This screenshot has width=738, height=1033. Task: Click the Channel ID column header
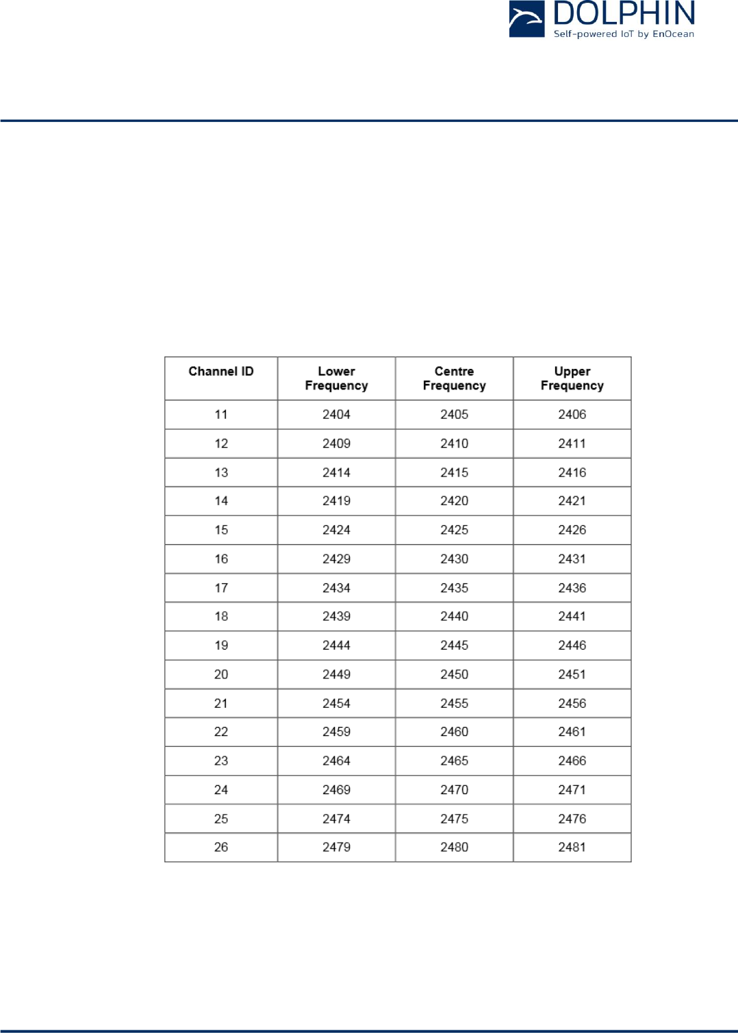pos(221,372)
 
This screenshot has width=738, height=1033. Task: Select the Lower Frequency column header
pos(336,379)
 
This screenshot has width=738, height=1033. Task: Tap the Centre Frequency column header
pos(454,379)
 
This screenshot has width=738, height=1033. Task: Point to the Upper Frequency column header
pos(572,379)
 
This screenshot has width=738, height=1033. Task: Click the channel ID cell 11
pos(221,415)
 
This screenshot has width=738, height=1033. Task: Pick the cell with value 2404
pos(336,415)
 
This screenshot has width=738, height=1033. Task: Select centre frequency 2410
pos(454,444)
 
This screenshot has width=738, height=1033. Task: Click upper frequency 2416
pos(572,472)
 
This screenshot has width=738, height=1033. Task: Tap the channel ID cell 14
pos(221,501)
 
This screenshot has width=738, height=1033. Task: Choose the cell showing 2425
pos(454,530)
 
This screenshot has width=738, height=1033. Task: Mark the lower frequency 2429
pos(336,559)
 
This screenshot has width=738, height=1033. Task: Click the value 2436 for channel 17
pos(572,588)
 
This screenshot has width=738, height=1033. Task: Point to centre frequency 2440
pos(454,617)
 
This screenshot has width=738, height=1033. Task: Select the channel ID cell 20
pos(221,674)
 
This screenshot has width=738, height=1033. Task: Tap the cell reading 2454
pos(336,704)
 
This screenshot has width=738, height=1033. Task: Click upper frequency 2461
pos(572,732)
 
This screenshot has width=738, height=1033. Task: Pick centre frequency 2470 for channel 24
pos(454,790)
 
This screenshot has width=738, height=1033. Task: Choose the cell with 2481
pos(572,847)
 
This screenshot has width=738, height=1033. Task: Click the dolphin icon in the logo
pos(526,18)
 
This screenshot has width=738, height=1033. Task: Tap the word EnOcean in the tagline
pos(673,34)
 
